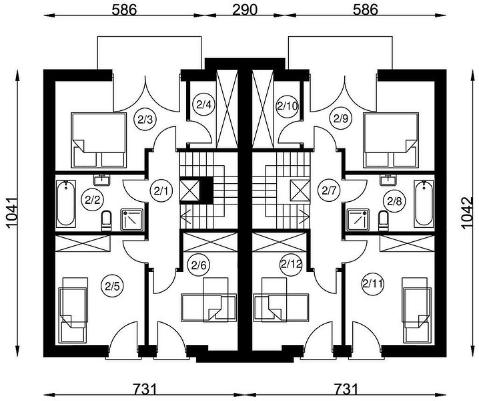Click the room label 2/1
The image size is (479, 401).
(161, 191)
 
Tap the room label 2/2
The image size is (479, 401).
(92, 200)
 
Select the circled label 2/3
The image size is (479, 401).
(145, 120)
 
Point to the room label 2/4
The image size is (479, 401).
(203, 105)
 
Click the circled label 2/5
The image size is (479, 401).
(112, 286)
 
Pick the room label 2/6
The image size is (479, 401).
(199, 265)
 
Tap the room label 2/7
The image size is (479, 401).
(329, 191)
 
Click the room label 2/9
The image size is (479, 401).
(341, 118)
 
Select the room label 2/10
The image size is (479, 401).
(287, 106)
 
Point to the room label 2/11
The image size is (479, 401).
(373, 284)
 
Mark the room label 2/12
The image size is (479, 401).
(291, 263)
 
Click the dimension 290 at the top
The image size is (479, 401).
(245, 10)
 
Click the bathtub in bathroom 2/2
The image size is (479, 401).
(66, 204)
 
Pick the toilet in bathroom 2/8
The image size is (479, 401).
(383, 221)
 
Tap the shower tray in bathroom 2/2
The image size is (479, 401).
(132, 219)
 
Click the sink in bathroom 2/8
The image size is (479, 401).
(388, 180)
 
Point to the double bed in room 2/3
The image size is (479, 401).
(99, 140)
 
